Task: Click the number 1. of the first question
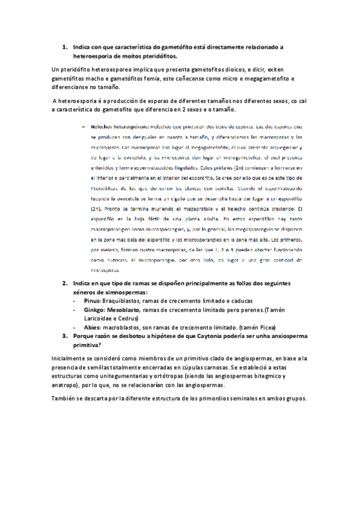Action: [65, 47]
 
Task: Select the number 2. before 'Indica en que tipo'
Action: [65, 283]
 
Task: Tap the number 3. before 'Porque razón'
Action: [65, 336]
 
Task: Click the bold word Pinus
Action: [92, 301]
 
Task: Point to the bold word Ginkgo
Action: [94, 310]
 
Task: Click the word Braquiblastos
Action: [123, 301]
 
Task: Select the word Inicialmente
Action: [72, 358]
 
